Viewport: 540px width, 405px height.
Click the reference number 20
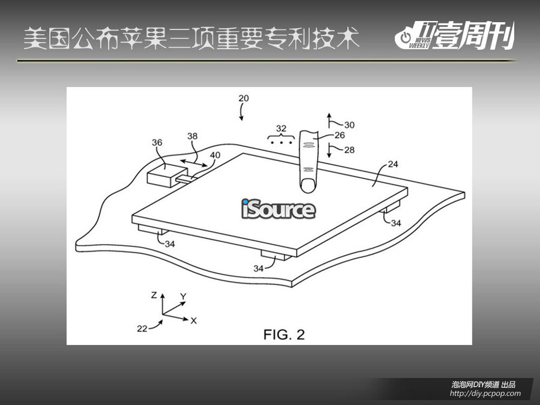tap(244, 98)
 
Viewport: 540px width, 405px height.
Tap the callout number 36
tap(157, 143)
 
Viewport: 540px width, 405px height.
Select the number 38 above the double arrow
tap(193, 136)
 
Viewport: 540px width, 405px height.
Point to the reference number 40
tap(215, 155)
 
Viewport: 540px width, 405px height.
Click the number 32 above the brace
tap(281, 129)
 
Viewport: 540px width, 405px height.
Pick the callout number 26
tap(340, 135)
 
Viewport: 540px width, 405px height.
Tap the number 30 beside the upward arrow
tap(349, 125)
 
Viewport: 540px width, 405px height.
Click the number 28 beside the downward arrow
tap(349, 150)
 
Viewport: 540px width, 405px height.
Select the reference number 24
tap(393, 164)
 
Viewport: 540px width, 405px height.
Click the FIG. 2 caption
tap(284, 334)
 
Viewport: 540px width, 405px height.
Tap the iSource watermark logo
tap(278, 209)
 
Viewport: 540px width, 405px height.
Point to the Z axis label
tap(154, 295)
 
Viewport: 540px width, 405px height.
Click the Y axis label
tap(183, 296)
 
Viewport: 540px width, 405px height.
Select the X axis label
tap(193, 321)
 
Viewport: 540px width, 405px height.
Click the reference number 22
tap(142, 329)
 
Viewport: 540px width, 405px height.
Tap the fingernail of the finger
tap(308, 186)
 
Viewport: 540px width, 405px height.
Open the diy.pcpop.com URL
tap(485, 394)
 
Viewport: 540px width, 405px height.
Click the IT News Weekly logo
tap(455, 35)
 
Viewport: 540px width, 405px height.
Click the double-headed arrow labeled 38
tap(194, 163)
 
